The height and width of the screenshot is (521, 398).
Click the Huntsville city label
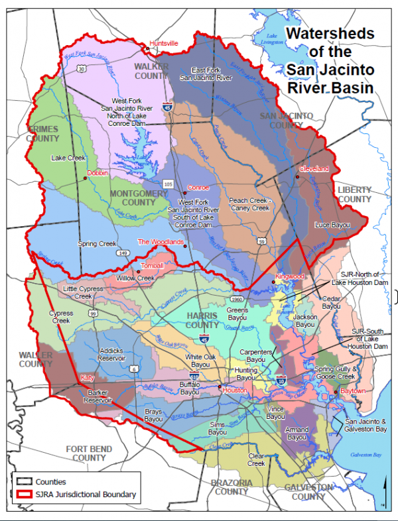[164, 43]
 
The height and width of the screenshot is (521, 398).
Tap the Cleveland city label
[314, 168]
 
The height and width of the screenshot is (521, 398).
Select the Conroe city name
[198, 188]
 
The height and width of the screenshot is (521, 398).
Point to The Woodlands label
[160, 242]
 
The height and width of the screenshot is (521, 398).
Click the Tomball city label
[152, 266]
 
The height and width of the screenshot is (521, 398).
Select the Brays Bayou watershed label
[153, 416]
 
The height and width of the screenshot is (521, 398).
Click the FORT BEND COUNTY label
[89, 453]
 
